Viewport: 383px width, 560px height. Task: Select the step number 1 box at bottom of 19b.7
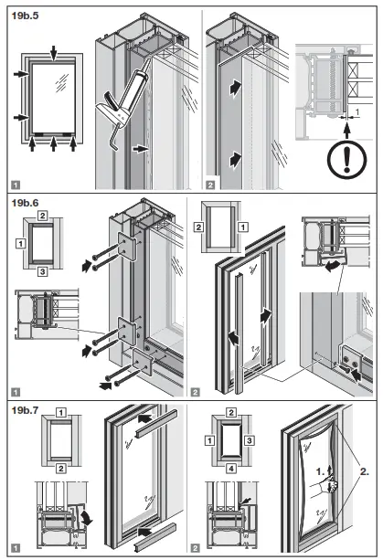(x=15, y=548)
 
